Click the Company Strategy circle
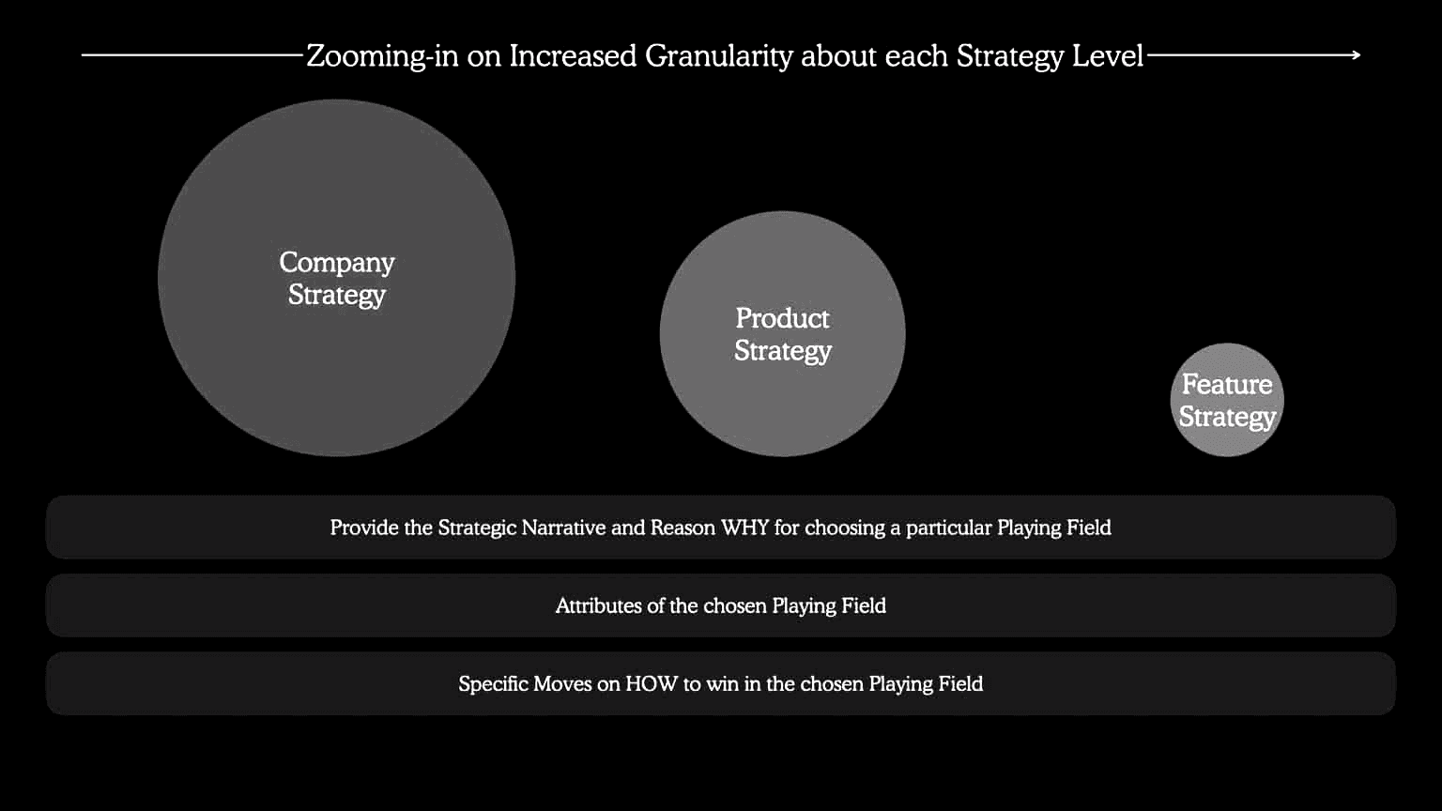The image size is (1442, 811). coord(336,278)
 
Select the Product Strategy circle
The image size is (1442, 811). coord(782,333)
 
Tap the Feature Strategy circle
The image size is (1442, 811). coord(1227,400)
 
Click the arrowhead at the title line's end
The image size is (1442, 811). coord(1357,55)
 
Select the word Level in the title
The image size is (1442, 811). coord(1107,56)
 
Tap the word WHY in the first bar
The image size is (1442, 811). coord(744,528)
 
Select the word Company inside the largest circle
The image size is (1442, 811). coord(337,263)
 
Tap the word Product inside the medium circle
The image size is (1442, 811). coord(782,318)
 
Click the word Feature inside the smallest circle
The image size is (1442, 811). coord(1227,384)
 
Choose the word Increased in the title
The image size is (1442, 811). coord(573,56)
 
